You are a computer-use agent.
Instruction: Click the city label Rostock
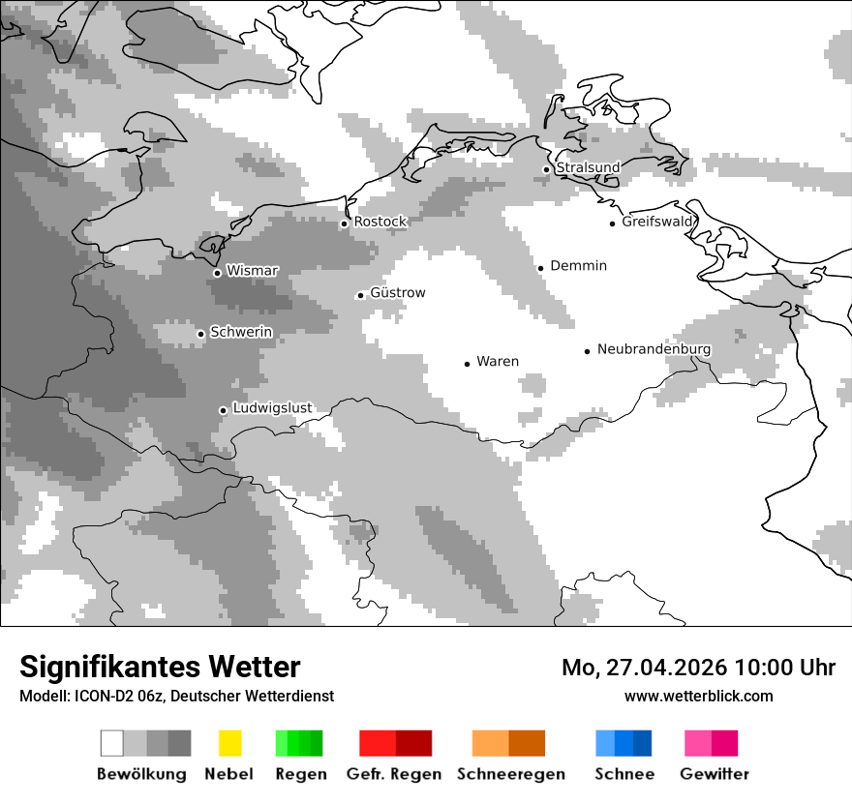pyautogui.click(x=380, y=222)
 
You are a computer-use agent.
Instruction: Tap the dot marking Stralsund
pyautogui.click(x=546, y=169)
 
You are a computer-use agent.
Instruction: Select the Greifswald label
pyautogui.click(x=658, y=222)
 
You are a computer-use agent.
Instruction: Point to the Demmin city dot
pyautogui.click(x=541, y=268)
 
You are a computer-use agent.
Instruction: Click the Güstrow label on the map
pyautogui.click(x=398, y=292)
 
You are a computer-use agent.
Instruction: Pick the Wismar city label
pyautogui.click(x=252, y=271)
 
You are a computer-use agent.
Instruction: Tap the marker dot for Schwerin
pyautogui.click(x=200, y=334)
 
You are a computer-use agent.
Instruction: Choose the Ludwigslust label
pyautogui.click(x=272, y=407)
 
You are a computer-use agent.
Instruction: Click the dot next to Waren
pyautogui.click(x=467, y=364)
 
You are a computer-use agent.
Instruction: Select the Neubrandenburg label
pyautogui.click(x=654, y=349)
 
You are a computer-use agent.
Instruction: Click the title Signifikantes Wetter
pyautogui.click(x=160, y=668)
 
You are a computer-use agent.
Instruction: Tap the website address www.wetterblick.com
pyautogui.click(x=699, y=696)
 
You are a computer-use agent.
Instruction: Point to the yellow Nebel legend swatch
pyautogui.click(x=229, y=743)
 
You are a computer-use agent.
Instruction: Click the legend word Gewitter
pyautogui.click(x=714, y=774)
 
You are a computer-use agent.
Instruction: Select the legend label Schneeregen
pyautogui.click(x=510, y=774)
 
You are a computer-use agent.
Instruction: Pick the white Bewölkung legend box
pyautogui.click(x=112, y=743)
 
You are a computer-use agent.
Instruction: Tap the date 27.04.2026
pyautogui.click(x=666, y=668)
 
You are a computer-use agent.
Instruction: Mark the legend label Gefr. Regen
pyautogui.click(x=394, y=774)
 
